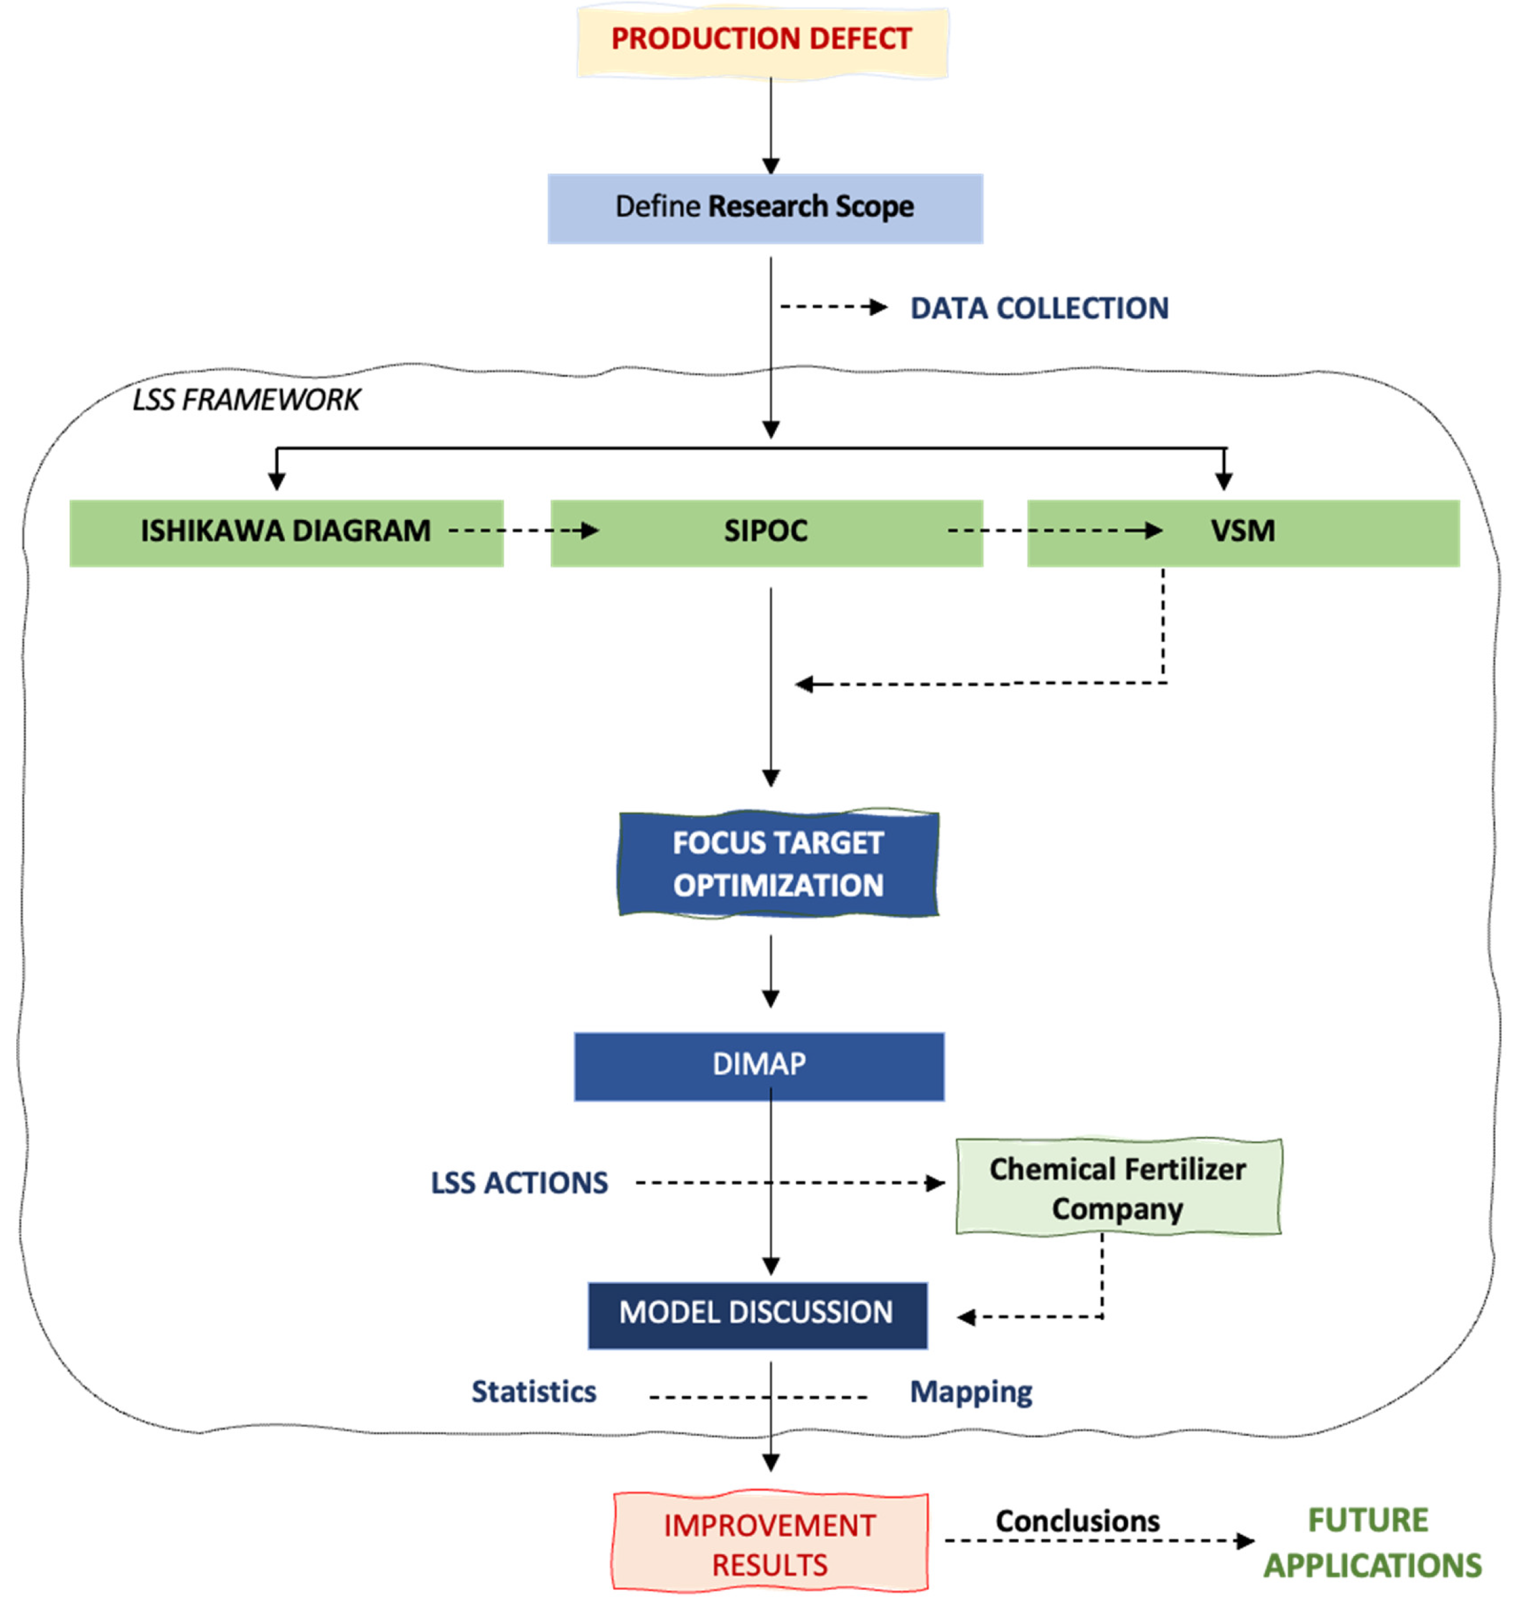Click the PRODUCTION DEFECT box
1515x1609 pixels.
click(x=761, y=40)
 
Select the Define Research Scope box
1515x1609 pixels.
click(x=764, y=208)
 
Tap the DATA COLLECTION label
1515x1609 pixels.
click(x=1039, y=308)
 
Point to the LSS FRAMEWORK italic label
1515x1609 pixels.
click(x=246, y=400)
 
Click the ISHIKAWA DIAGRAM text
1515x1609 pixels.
click(x=286, y=531)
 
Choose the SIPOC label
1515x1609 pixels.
click(x=765, y=531)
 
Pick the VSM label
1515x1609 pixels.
click(x=1242, y=531)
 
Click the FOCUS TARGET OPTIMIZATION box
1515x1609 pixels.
click(x=777, y=863)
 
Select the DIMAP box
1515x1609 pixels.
click(x=759, y=1066)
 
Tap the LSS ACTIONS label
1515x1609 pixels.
click(x=518, y=1184)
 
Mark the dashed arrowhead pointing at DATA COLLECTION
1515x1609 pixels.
click(x=878, y=306)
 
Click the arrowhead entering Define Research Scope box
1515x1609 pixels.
click(x=771, y=166)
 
